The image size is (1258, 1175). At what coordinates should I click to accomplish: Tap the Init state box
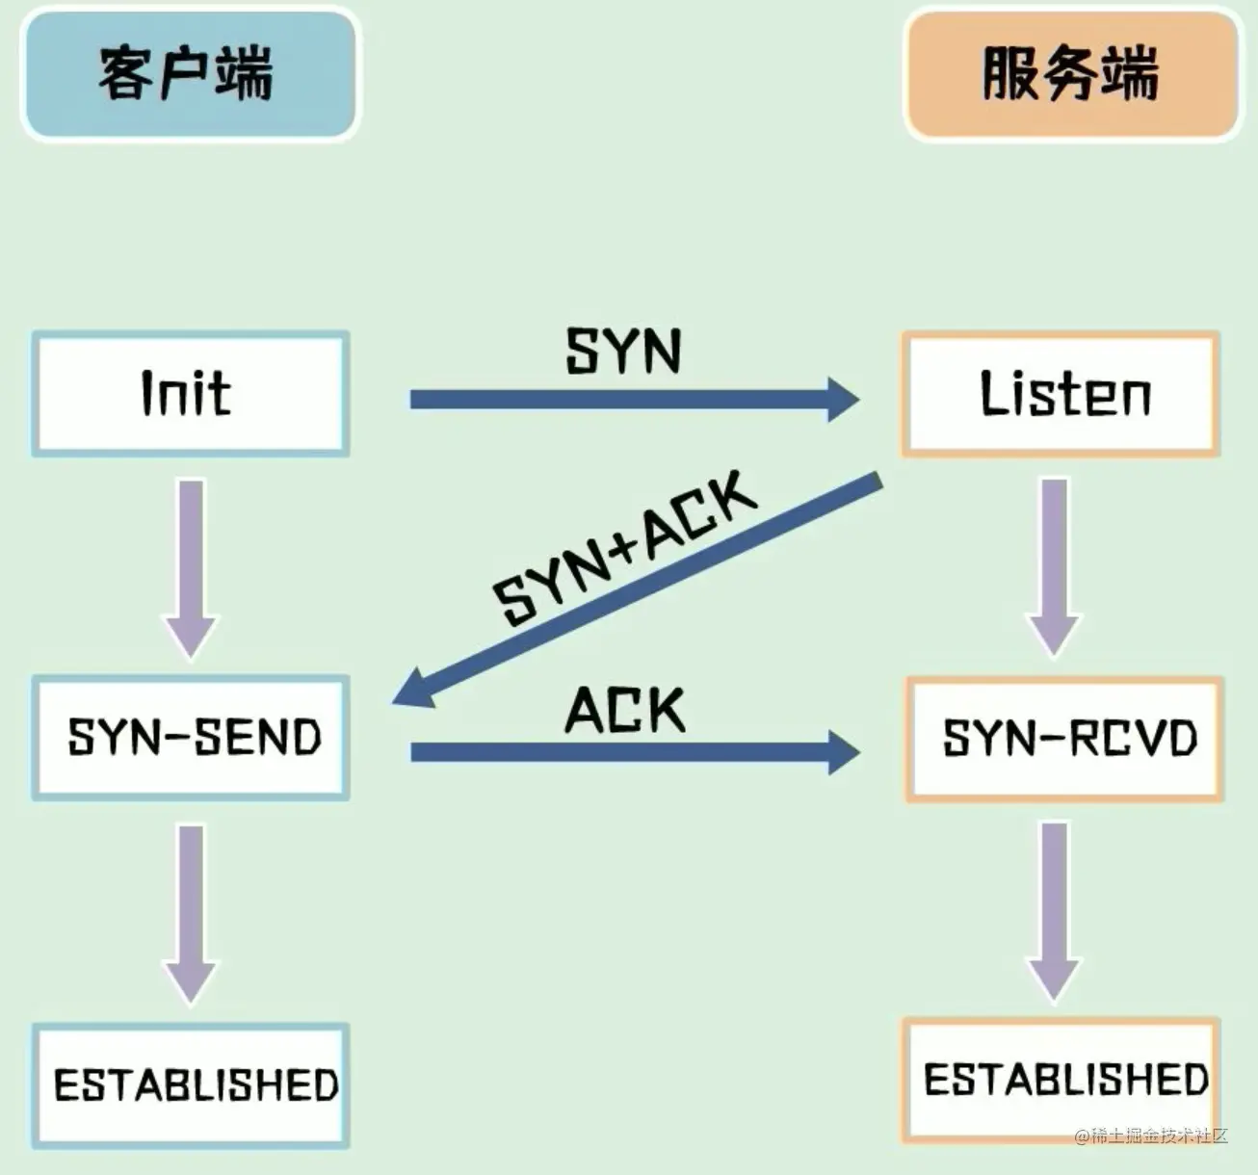[x=190, y=394]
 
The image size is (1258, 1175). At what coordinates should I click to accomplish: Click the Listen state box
[x=1061, y=394]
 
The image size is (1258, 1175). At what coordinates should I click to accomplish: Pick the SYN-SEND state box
[x=190, y=738]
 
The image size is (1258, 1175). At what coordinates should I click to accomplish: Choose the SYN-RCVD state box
[x=1064, y=739]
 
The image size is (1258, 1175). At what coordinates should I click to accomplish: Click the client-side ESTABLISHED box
[x=190, y=1085]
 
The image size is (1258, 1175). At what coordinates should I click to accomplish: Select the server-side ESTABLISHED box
[x=1061, y=1080]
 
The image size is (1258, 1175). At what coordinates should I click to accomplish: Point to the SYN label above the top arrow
[x=623, y=351]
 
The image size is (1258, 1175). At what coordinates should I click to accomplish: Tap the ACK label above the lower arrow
[x=624, y=711]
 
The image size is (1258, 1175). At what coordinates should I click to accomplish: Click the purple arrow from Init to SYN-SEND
[x=192, y=563]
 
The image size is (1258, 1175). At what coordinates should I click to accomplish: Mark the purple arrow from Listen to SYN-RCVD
[x=1055, y=563]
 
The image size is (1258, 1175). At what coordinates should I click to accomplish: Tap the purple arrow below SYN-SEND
[x=192, y=910]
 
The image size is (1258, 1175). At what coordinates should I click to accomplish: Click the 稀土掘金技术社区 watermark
[x=1151, y=1136]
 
